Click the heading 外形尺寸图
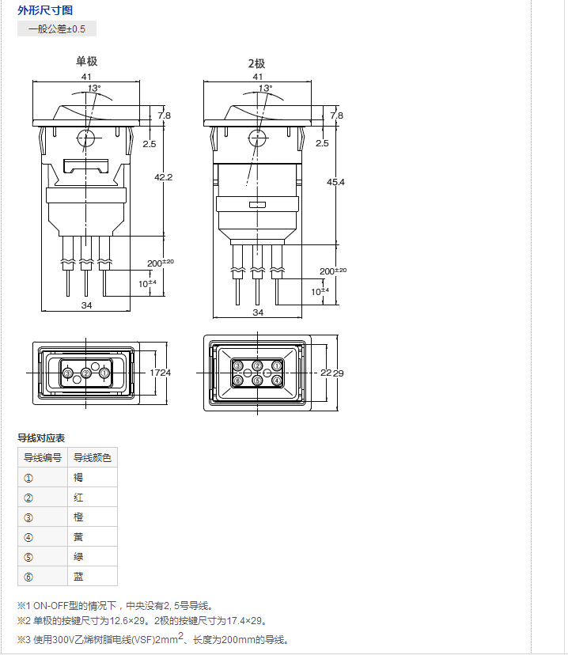point(45,10)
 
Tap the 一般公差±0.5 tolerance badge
point(57,28)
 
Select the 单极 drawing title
point(86,62)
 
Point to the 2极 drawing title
point(257,63)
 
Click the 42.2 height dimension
point(163,177)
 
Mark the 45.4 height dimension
point(335,182)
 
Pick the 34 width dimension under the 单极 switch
point(86,305)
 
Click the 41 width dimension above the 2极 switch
point(258,77)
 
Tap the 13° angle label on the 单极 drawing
point(94,88)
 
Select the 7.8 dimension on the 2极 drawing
point(337,115)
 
